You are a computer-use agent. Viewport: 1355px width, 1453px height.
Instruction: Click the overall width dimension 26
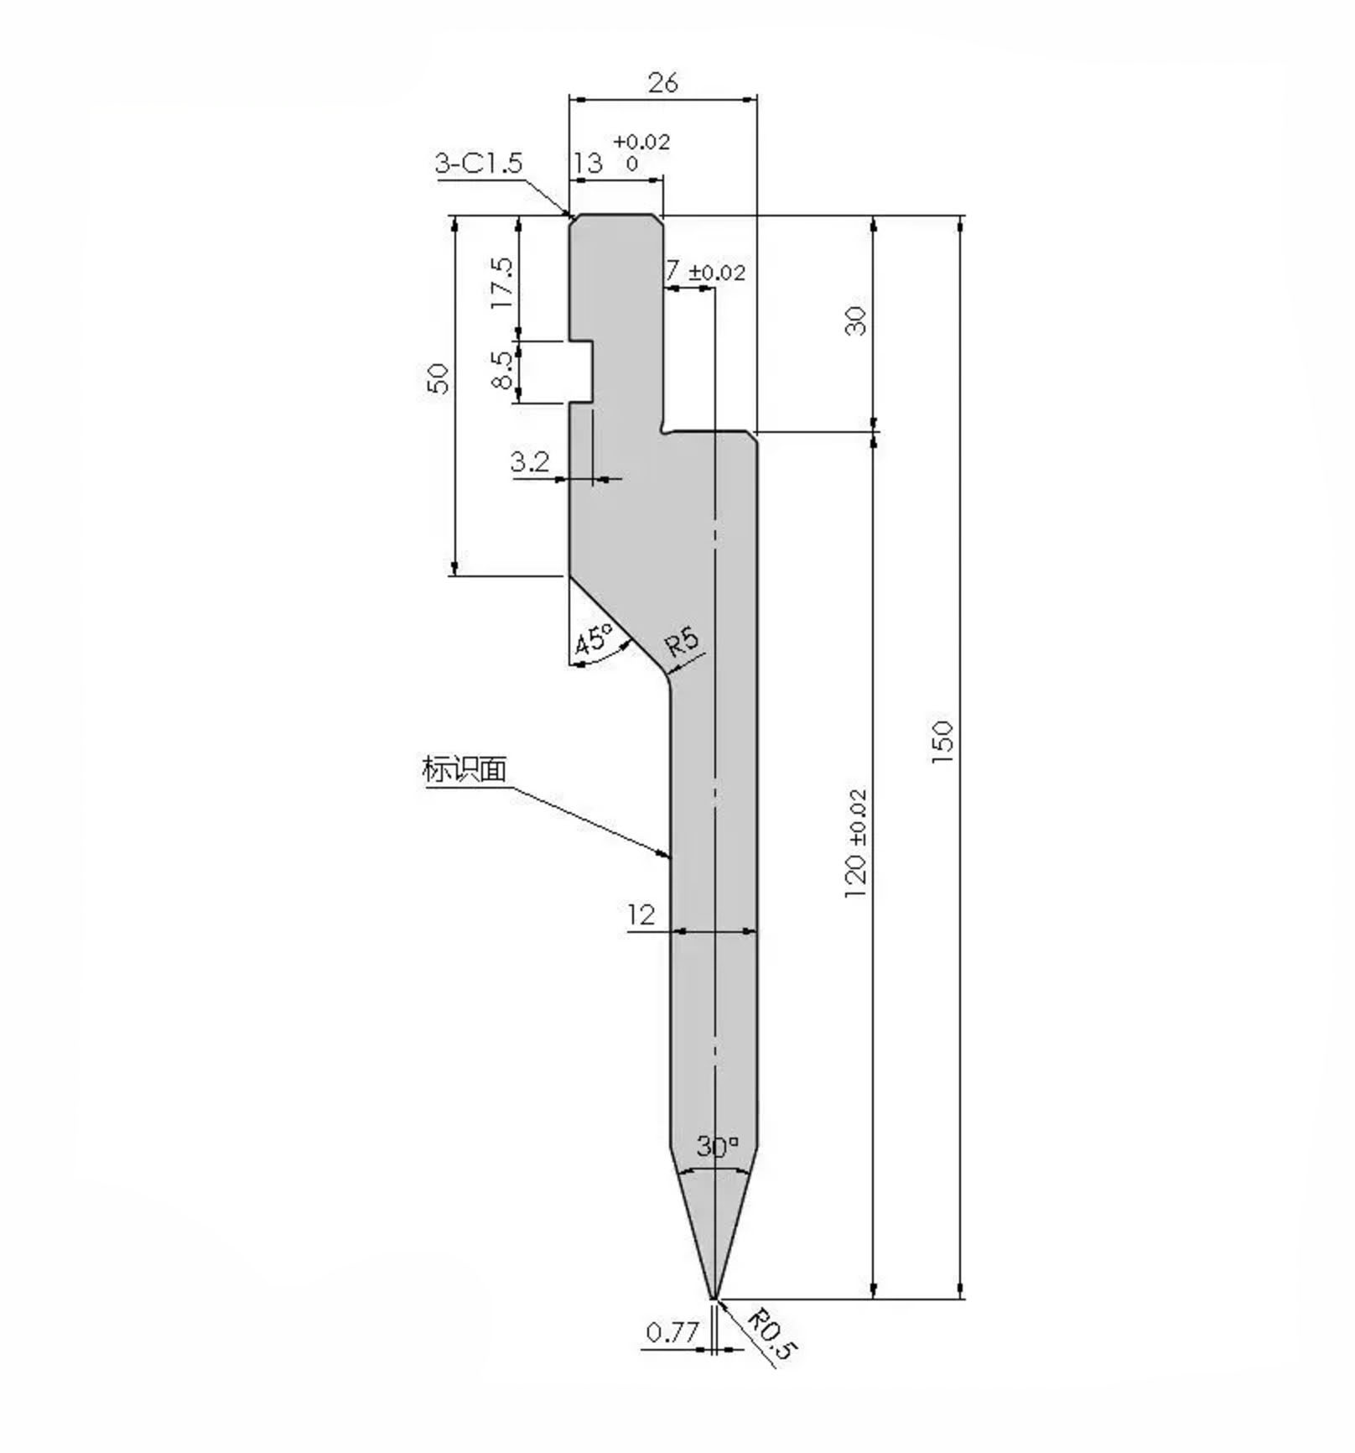pyautogui.click(x=662, y=82)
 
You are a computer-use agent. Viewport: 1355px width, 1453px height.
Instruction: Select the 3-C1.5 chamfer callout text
pyautogui.click(x=478, y=162)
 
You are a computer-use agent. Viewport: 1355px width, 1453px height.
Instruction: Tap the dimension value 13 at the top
pyautogui.click(x=589, y=162)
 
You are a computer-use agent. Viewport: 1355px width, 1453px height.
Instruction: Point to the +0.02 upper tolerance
pyautogui.click(x=641, y=142)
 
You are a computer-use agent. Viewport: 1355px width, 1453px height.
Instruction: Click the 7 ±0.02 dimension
pyautogui.click(x=704, y=272)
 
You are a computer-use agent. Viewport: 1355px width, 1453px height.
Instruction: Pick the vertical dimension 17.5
pyautogui.click(x=501, y=282)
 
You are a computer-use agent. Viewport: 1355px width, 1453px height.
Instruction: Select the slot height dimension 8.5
pyautogui.click(x=501, y=370)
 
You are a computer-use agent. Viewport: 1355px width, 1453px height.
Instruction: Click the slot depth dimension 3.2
pyautogui.click(x=530, y=461)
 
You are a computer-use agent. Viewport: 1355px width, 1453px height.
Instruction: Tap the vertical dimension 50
pyautogui.click(x=439, y=378)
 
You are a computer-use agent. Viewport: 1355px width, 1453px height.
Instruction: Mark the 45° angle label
pyautogui.click(x=594, y=641)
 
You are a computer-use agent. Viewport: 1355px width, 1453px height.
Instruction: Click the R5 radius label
pyautogui.click(x=682, y=642)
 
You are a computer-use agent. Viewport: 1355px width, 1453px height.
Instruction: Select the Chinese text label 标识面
pyautogui.click(x=464, y=768)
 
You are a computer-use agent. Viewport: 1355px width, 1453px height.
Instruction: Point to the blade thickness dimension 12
pyautogui.click(x=641, y=914)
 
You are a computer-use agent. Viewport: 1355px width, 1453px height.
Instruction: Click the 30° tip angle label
pyautogui.click(x=717, y=1146)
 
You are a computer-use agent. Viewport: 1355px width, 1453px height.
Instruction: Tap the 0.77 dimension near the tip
pyautogui.click(x=672, y=1331)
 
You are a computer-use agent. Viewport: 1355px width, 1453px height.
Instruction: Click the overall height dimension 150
pyautogui.click(x=942, y=740)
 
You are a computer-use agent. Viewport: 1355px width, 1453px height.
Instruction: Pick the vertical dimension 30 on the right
pyautogui.click(x=854, y=320)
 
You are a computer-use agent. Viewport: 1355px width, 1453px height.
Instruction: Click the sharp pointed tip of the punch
pyautogui.click(x=714, y=1297)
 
